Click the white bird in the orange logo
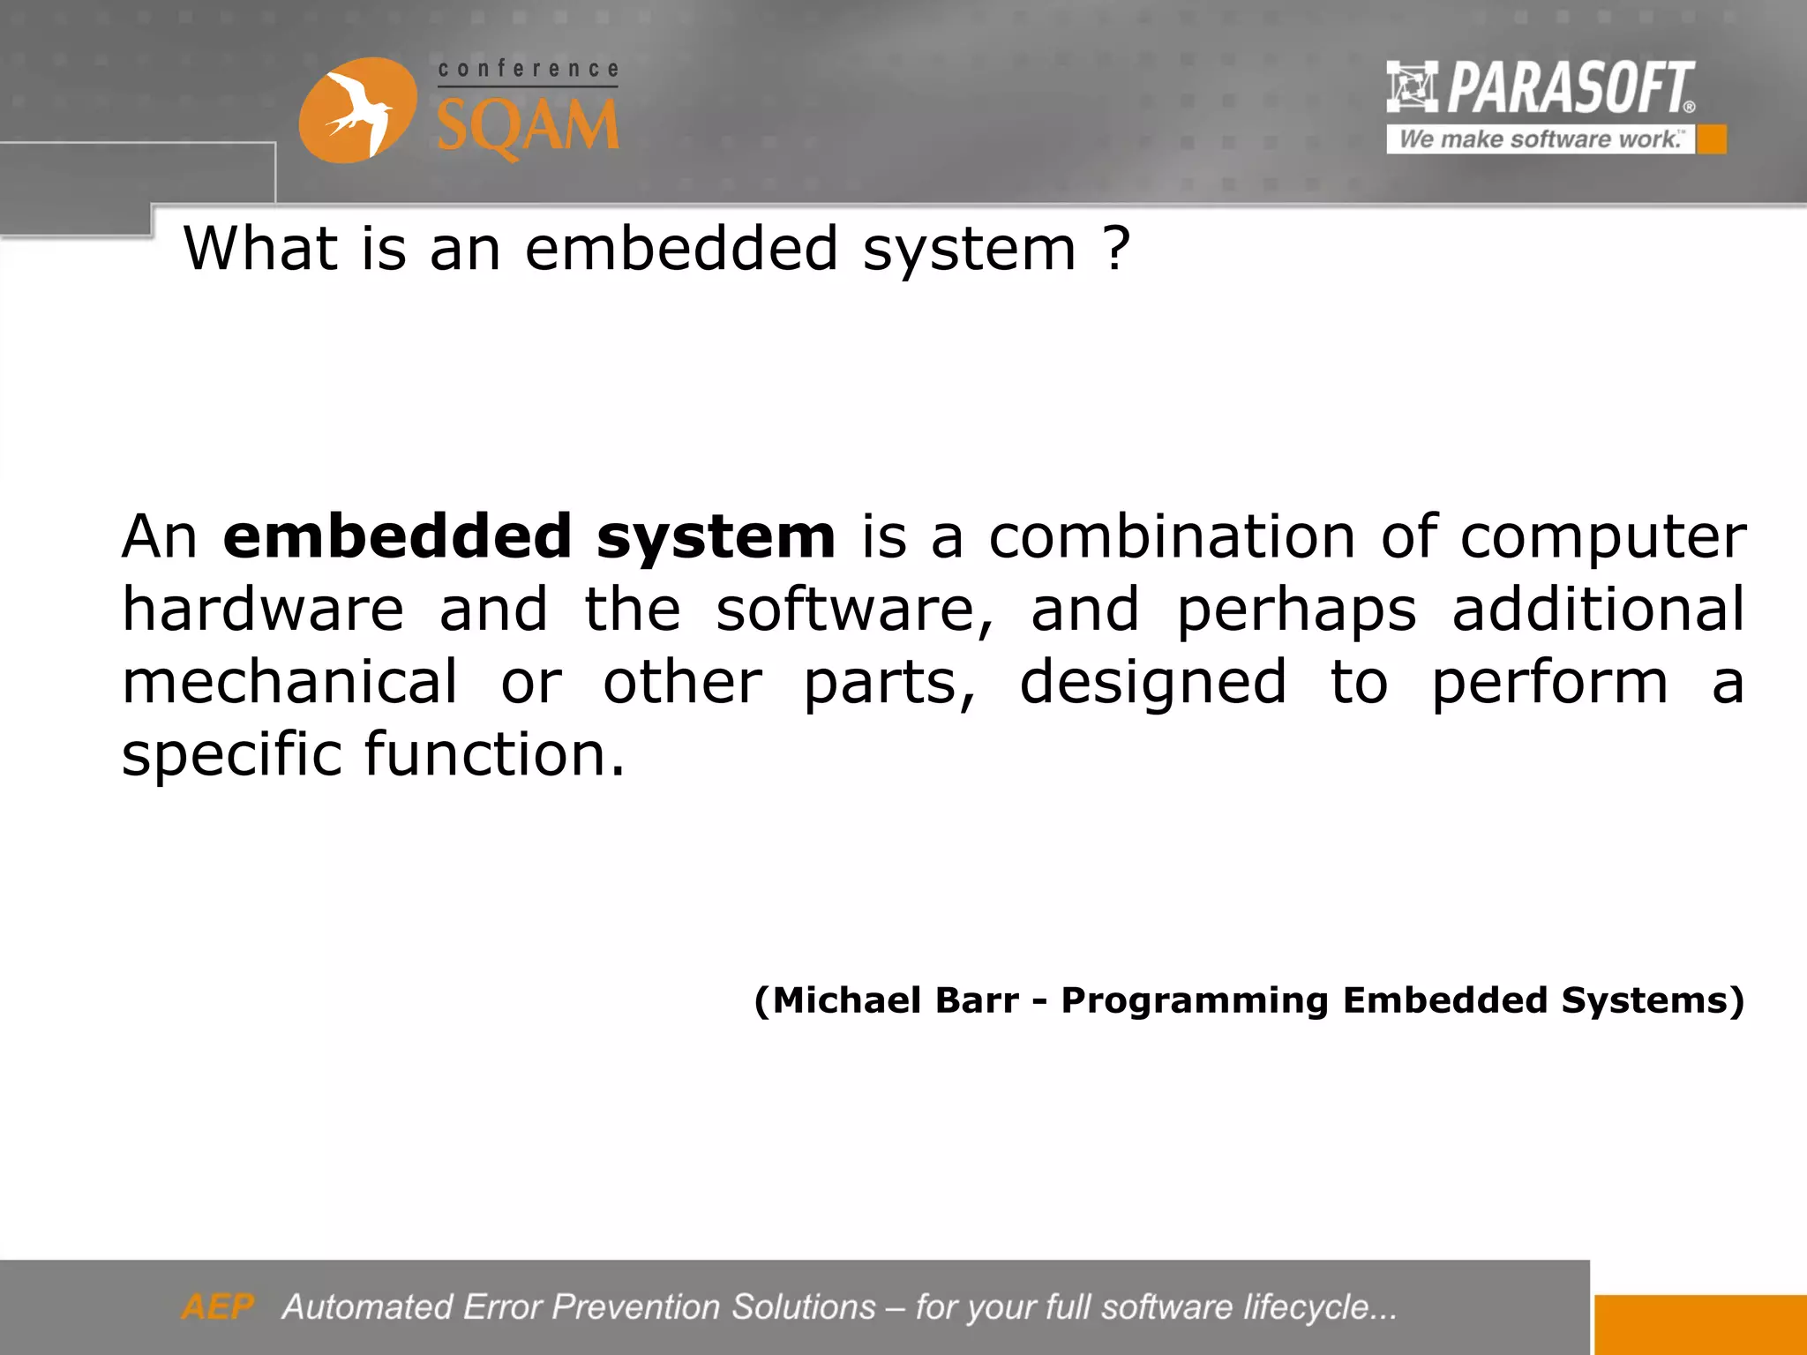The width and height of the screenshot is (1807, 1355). pyautogui.click(x=357, y=112)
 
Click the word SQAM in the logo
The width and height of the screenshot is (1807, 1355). pyautogui.click(x=528, y=126)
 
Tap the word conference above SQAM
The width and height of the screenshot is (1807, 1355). pyautogui.click(x=528, y=69)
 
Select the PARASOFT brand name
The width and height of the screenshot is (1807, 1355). pyautogui.click(x=1570, y=87)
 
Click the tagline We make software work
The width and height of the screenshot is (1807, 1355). pyautogui.click(x=1540, y=139)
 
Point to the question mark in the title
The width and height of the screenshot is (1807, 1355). pyautogui.click(x=1116, y=249)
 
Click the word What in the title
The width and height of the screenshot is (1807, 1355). pyautogui.click(x=260, y=249)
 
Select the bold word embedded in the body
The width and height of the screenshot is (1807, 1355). pyautogui.click(x=397, y=536)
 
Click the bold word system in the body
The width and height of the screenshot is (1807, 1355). pyautogui.click(x=715, y=538)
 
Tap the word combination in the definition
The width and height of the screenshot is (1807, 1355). pyautogui.click(x=1171, y=536)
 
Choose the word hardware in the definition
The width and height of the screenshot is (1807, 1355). pyautogui.click(x=263, y=610)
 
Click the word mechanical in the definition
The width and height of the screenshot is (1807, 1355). pyautogui.click(x=289, y=682)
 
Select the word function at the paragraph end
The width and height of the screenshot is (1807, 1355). pyautogui.click(x=494, y=755)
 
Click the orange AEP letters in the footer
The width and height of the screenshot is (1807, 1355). pyautogui.click(x=217, y=1306)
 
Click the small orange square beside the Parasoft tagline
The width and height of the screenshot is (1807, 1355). pyautogui.click(x=1712, y=139)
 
